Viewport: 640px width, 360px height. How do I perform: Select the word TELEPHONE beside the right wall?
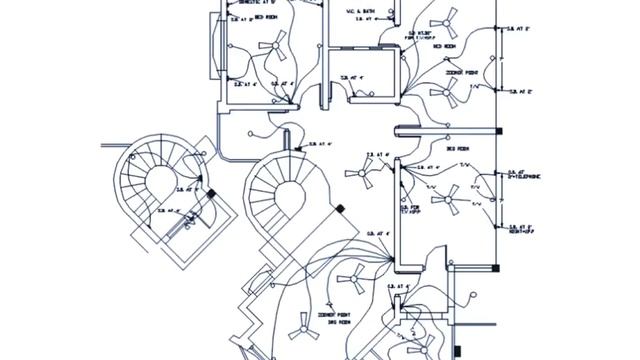(x=527, y=177)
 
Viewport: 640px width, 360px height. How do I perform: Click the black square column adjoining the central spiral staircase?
(x=339, y=208)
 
